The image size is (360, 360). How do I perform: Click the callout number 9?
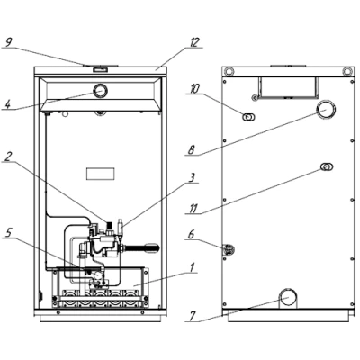pyautogui.click(x=8, y=42)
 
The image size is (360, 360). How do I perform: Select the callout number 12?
pyautogui.click(x=194, y=42)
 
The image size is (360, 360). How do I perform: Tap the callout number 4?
pyautogui.click(x=8, y=104)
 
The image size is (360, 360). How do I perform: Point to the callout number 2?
pyautogui.click(x=8, y=157)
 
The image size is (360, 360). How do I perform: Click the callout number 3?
pyautogui.click(x=192, y=177)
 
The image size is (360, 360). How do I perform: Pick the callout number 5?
pyautogui.click(x=8, y=233)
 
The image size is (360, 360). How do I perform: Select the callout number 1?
pyautogui.click(x=192, y=267)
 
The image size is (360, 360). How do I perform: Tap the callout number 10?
pyautogui.click(x=193, y=89)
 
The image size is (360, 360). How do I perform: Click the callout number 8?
pyautogui.click(x=192, y=150)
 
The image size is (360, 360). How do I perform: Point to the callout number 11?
pyautogui.click(x=193, y=209)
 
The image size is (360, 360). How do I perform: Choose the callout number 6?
pyautogui.click(x=192, y=234)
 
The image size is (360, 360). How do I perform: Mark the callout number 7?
pyautogui.click(x=192, y=317)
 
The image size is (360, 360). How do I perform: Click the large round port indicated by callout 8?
pyautogui.click(x=326, y=110)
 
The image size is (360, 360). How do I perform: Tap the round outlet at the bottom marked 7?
pyautogui.click(x=288, y=297)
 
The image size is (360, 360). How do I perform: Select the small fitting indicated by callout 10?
pyautogui.click(x=248, y=117)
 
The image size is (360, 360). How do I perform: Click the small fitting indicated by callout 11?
pyautogui.click(x=327, y=166)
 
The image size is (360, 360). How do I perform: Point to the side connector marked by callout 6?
pyautogui.click(x=229, y=250)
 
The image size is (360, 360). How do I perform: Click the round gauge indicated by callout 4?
pyautogui.click(x=101, y=91)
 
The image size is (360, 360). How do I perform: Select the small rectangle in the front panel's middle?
pyautogui.click(x=101, y=174)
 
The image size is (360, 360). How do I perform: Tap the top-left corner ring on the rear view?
pyautogui.click(x=229, y=71)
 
